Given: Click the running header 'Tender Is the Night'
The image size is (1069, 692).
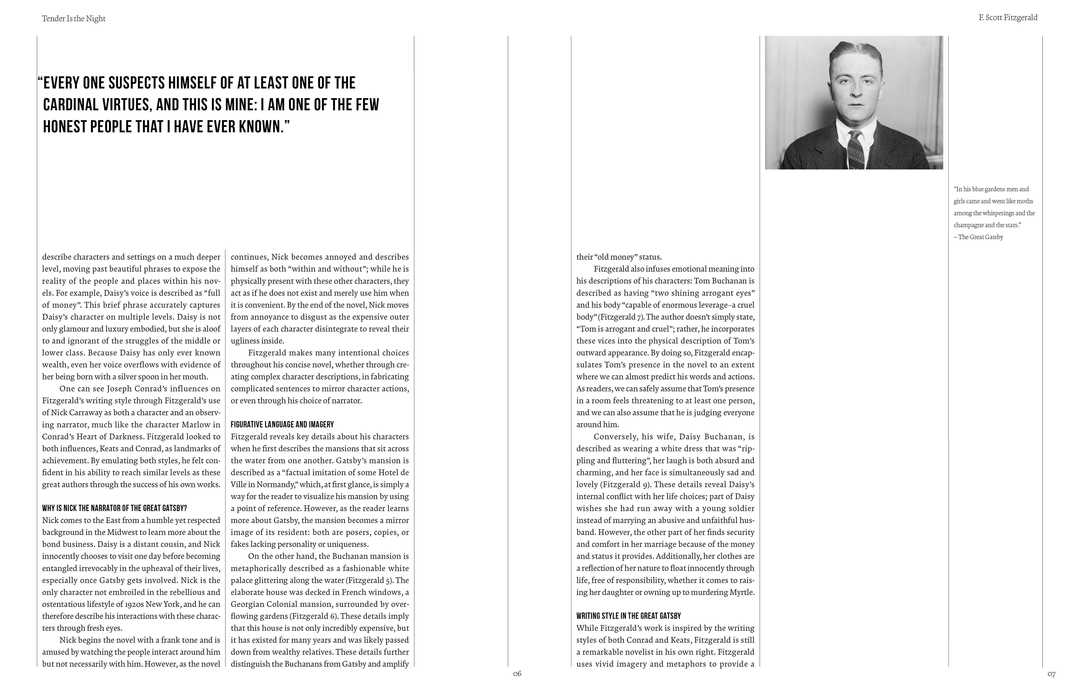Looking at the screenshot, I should point(74,18).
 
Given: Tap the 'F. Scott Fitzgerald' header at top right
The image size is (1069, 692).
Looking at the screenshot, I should point(1008,18).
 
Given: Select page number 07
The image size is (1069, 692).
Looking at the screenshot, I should point(1051,674).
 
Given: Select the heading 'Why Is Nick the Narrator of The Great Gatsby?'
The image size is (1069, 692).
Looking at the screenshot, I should point(114,508).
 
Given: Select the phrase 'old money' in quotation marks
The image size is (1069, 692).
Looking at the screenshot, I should point(617,257).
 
